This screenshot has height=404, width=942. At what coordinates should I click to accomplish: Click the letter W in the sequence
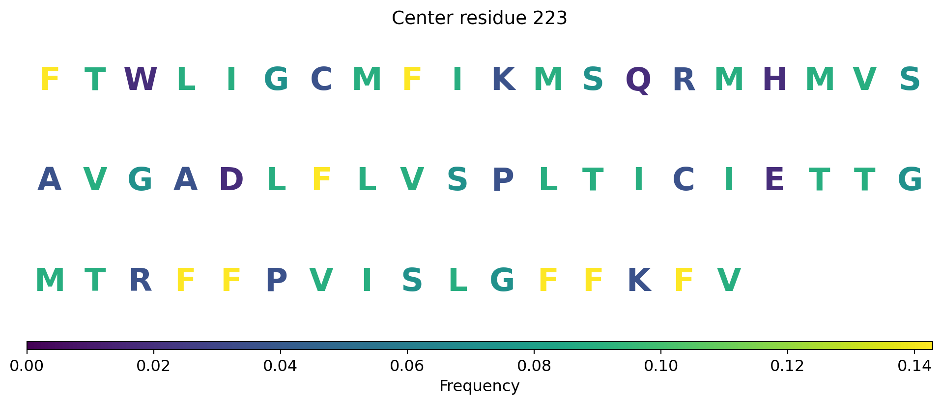(x=141, y=79)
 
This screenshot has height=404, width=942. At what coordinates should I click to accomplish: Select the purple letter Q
(x=638, y=80)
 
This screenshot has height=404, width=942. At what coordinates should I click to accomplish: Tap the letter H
(x=774, y=79)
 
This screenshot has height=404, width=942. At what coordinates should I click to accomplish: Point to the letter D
(x=231, y=179)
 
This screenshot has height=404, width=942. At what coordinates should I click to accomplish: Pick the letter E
(x=774, y=179)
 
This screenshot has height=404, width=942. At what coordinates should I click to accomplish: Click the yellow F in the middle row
(x=321, y=179)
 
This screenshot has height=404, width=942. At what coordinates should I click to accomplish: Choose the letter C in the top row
(x=321, y=79)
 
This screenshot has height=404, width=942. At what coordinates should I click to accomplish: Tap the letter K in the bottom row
(x=639, y=281)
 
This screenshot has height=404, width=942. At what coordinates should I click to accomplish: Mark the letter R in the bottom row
(x=141, y=281)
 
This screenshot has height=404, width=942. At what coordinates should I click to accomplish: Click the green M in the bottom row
(x=50, y=281)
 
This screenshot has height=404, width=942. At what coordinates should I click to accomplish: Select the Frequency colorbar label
(x=479, y=386)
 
